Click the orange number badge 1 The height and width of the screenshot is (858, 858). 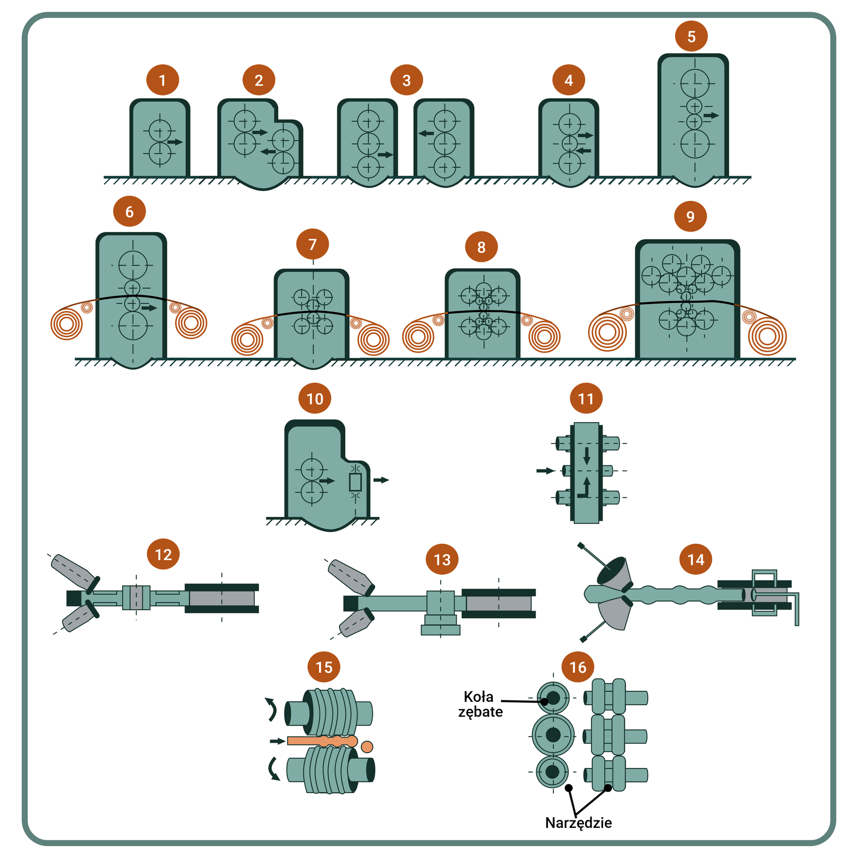(x=162, y=80)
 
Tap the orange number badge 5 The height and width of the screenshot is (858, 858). (x=691, y=36)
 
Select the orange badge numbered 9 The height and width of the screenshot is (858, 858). (x=690, y=217)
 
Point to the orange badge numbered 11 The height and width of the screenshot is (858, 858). (x=586, y=398)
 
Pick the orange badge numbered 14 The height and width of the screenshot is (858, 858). (x=696, y=560)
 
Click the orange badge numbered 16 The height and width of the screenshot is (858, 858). (x=578, y=667)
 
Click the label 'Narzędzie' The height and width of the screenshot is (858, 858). (x=578, y=823)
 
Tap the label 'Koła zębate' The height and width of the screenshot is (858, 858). (x=480, y=704)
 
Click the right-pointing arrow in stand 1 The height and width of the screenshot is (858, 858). (x=175, y=142)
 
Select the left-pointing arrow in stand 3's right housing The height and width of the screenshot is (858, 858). (x=426, y=133)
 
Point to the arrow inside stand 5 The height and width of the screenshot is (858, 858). (x=711, y=115)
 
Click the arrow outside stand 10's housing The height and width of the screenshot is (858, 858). (x=381, y=480)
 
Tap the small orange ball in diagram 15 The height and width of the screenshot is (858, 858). (x=367, y=746)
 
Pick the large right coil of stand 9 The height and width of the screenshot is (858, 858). (x=767, y=336)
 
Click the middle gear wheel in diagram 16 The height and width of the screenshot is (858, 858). (x=553, y=735)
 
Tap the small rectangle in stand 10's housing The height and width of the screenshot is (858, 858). (x=355, y=482)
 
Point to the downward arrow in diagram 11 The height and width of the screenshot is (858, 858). (x=587, y=456)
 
